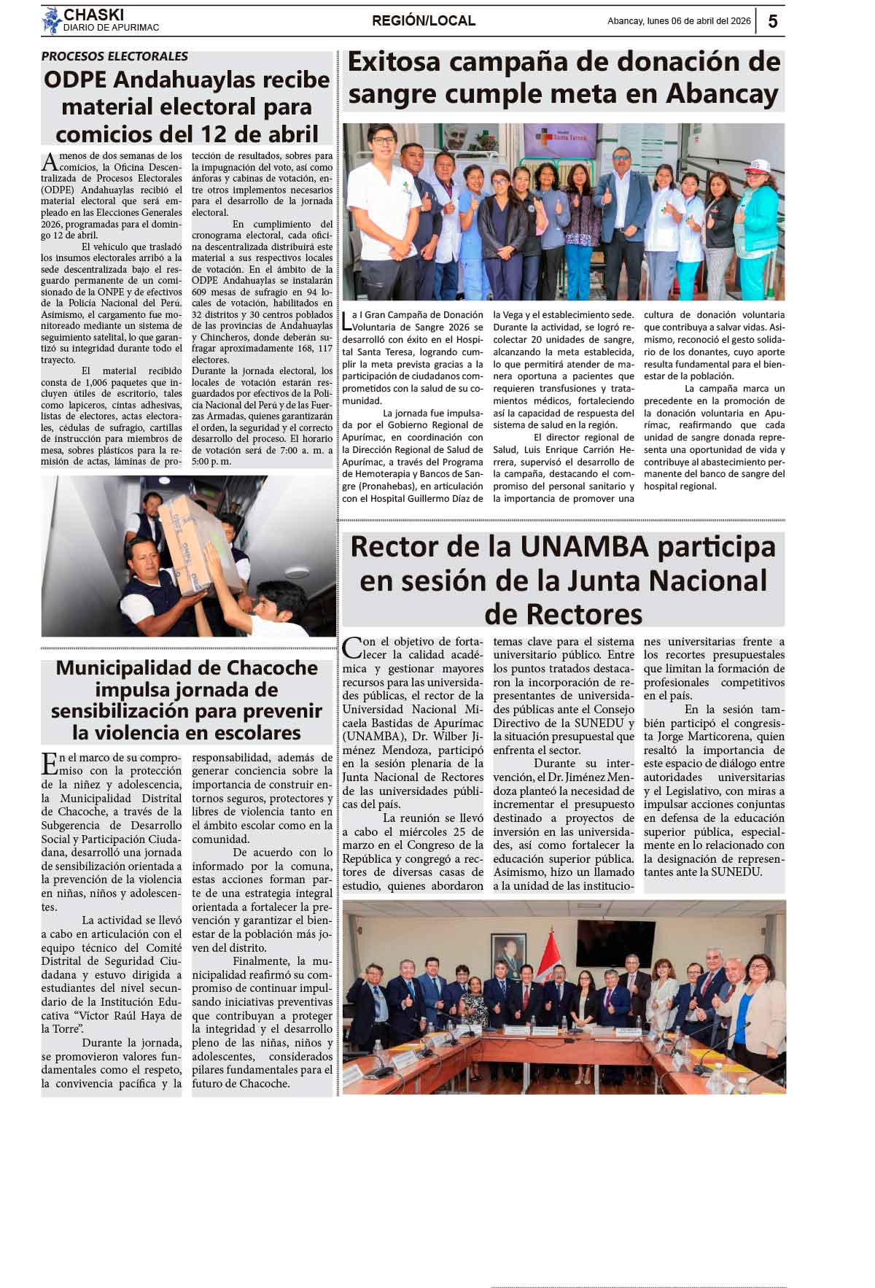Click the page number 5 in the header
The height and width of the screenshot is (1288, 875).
773,21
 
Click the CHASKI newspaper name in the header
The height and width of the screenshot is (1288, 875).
93,15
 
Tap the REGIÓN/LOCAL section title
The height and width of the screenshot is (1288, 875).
423,21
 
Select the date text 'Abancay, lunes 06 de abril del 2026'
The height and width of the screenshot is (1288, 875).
679,21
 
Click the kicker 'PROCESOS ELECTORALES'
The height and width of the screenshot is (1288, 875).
114,56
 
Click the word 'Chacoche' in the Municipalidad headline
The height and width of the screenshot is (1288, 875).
268,668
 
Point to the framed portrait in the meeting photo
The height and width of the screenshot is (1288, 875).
508,955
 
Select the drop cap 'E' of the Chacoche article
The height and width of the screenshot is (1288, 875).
49,763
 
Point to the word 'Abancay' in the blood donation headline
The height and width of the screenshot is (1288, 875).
722,94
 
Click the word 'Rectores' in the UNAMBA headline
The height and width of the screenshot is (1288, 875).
563,614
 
